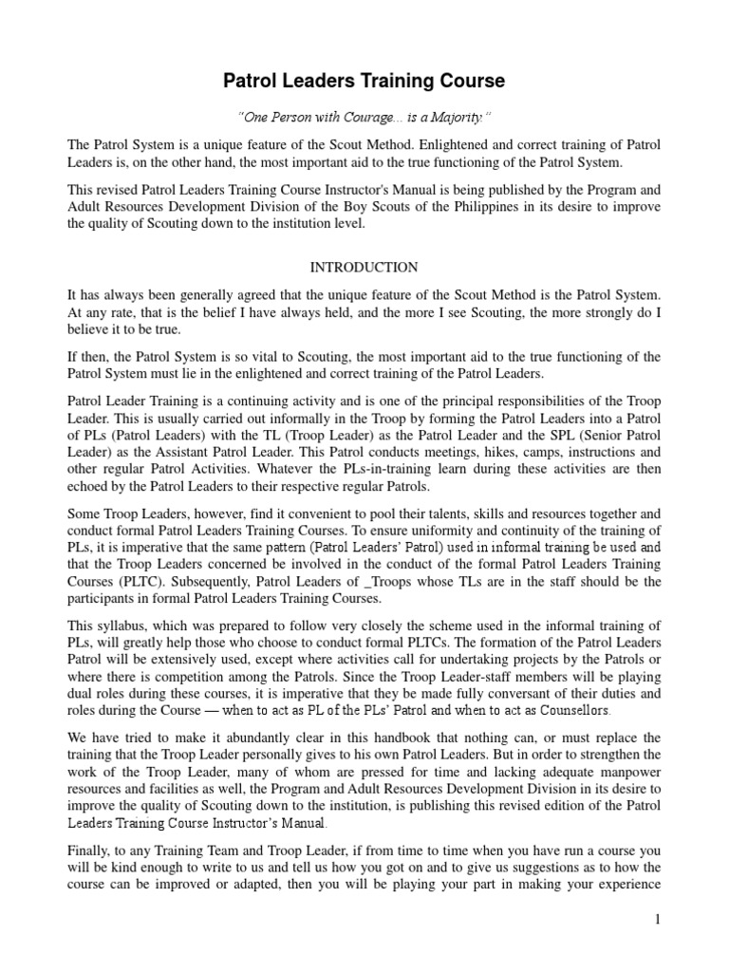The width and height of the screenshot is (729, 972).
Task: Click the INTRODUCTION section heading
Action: click(364, 268)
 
